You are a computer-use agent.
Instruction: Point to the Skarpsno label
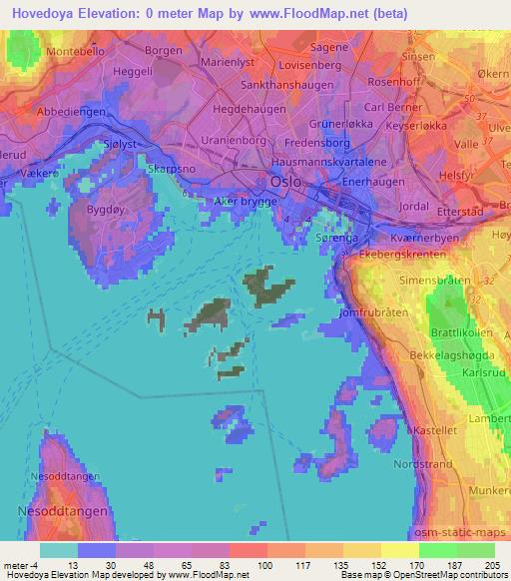[x=171, y=170]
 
